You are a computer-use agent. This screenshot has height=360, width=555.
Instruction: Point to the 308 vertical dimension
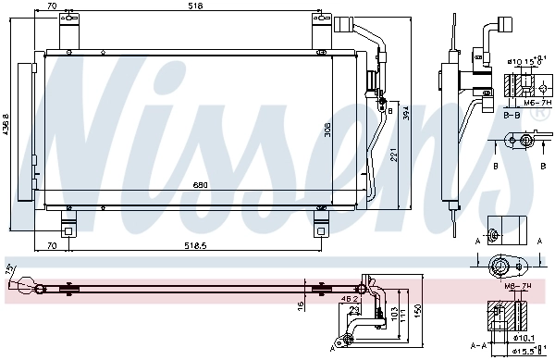click(327, 130)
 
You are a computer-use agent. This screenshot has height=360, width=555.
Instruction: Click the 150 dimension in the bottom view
click(418, 311)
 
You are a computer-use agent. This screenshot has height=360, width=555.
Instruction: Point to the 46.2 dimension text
click(349, 300)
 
